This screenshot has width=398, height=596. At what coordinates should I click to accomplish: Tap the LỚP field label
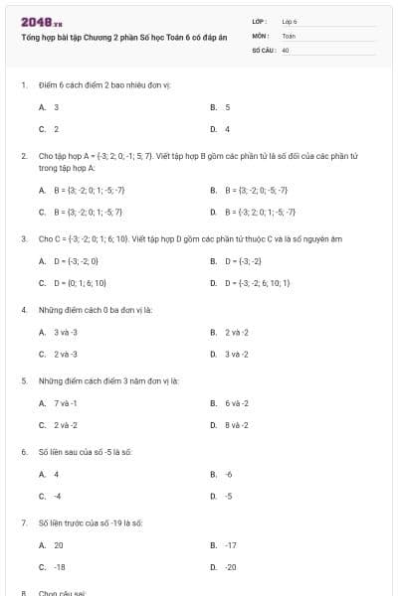pos(260,21)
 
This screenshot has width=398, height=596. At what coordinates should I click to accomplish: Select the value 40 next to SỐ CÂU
pos(286,49)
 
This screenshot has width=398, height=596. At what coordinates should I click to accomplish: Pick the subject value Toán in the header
pos(289,35)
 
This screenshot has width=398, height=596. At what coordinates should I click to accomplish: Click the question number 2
pos(23,156)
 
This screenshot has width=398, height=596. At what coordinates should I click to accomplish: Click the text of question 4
pos(95,310)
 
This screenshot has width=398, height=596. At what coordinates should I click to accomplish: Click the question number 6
pos(23,452)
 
